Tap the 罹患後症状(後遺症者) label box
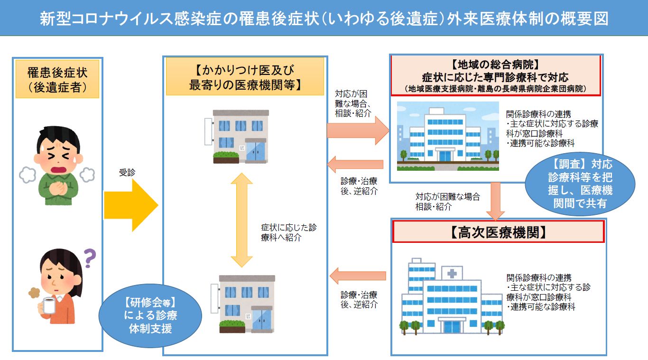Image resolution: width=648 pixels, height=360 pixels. click(58, 79)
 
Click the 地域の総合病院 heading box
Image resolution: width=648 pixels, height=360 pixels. click(495, 75)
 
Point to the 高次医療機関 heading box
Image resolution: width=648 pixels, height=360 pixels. click(498, 231)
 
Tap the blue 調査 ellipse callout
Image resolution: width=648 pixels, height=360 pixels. click(580, 184)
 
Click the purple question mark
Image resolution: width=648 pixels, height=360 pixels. click(89, 258)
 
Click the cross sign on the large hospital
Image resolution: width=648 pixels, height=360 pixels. click(452, 273)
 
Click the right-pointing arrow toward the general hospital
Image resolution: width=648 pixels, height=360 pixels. click(357, 130)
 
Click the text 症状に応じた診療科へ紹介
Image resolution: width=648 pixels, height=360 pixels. click(288, 232)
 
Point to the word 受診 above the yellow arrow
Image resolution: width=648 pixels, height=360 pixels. click(127, 173)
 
